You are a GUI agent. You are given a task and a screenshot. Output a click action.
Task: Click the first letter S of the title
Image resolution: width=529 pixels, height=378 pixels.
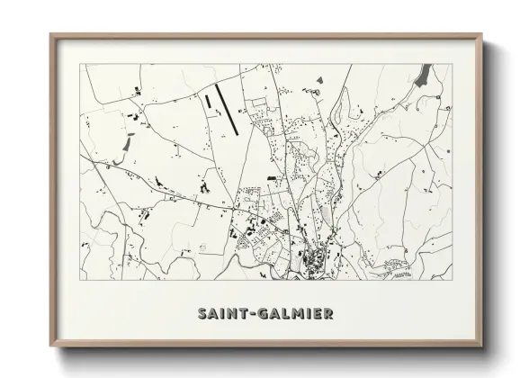point(202,314)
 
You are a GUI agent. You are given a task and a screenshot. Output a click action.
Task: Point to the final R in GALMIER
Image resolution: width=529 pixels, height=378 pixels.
point(329,314)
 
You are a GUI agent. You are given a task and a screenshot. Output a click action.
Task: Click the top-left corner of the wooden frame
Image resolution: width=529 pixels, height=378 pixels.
point(51,36)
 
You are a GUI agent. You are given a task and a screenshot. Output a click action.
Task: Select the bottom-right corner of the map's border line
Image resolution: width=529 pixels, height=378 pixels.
point(453,280)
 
